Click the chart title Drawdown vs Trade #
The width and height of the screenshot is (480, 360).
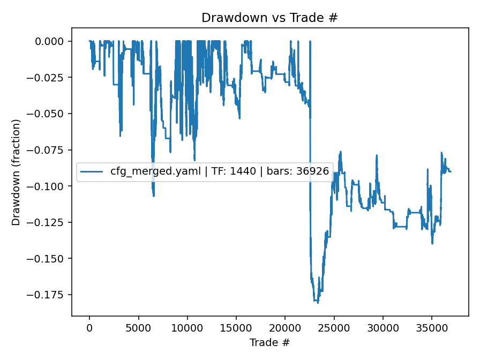tap(269, 18)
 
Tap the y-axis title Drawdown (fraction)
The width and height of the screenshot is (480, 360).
tap(16, 172)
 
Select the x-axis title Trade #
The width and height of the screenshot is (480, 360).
tap(269, 342)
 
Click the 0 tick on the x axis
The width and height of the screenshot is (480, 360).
tap(89, 326)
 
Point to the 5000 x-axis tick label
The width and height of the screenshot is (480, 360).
tap(138, 326)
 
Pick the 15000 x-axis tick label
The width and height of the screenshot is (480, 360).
tap(236, 326)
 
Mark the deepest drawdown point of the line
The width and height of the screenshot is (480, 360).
tap(318, 303)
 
